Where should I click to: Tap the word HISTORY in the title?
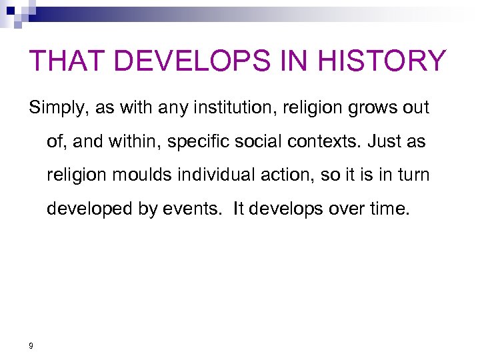click(383, 61)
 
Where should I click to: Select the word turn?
click(413, 175)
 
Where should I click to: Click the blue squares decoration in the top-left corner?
click(15, 12)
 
